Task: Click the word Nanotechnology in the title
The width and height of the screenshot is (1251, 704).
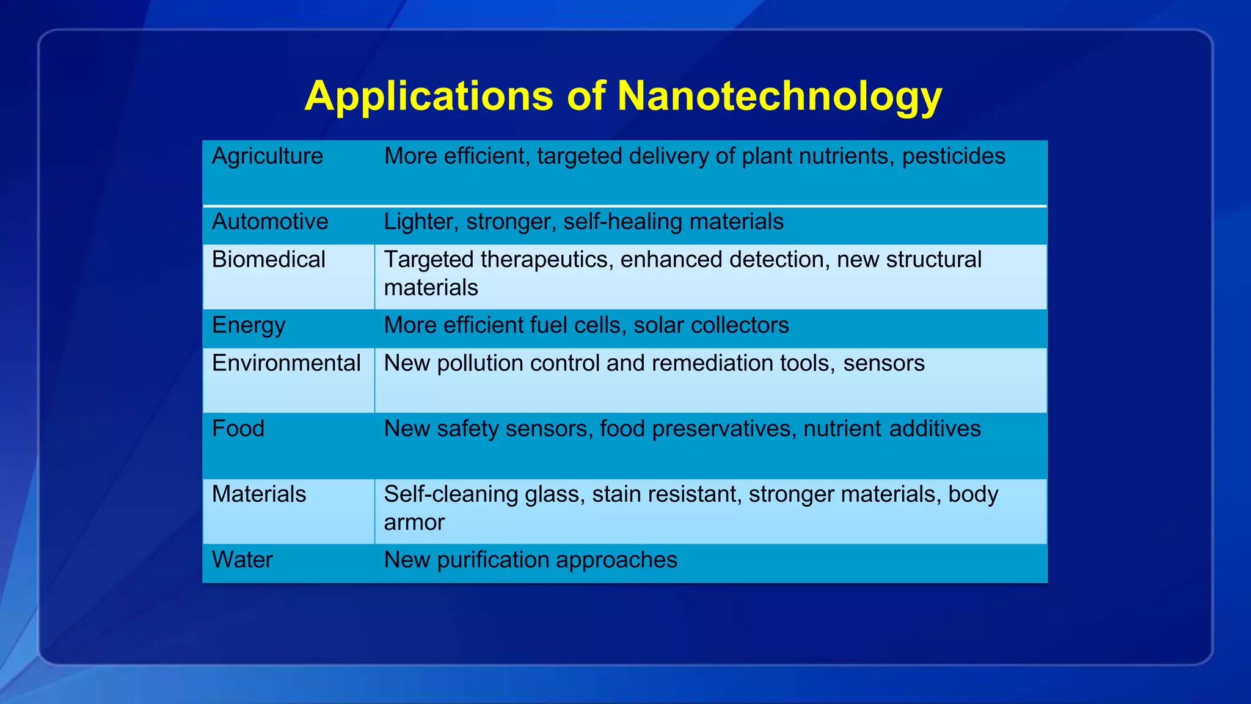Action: coord(779,97)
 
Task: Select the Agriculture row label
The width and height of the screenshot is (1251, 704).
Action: coord(267,156)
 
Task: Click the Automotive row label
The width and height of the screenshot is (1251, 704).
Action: coord(269,221)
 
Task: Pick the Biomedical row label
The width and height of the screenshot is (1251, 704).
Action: coord(268,260)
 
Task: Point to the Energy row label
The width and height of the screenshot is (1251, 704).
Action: coord(248,325)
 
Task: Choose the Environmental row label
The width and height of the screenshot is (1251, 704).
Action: coord(286,363)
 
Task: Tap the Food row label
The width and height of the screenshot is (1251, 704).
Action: coord(238,428)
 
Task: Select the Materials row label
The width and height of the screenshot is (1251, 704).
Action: coord(258,494)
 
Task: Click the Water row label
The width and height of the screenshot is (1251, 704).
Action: coord(242,560)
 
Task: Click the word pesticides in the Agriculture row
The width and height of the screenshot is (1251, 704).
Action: coord(953,156)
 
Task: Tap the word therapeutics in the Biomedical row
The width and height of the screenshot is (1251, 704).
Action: coord(546,260)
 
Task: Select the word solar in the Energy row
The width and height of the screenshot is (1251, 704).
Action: coord(658,325)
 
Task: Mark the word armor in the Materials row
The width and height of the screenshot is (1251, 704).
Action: coord(414,522)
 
